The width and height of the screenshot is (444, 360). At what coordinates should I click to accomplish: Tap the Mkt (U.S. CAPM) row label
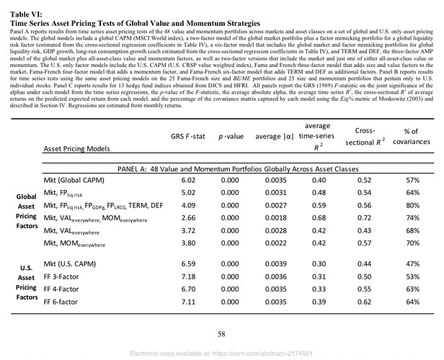coord(71,264)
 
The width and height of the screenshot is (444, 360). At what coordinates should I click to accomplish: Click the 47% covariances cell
coord(412,264)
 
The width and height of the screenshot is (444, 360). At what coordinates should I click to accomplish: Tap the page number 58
coord(222,333)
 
